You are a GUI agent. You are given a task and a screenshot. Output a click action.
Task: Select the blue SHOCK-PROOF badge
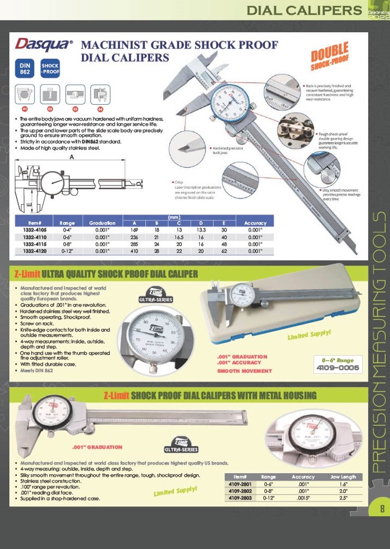tap(50, 69)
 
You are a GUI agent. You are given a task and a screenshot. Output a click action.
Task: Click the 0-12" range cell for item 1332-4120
tap(67, 252)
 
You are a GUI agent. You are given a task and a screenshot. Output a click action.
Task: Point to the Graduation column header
tap(102, 223)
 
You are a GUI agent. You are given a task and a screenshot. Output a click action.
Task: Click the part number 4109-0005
tap(338, 368)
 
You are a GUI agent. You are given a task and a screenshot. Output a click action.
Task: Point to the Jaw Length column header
tap(344, 476)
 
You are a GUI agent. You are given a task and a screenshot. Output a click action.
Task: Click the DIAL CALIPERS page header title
tap(304, 10)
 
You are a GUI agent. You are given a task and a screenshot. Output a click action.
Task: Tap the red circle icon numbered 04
tap(100, 110)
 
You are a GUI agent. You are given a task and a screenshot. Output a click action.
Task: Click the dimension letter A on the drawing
tap(72, 157)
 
